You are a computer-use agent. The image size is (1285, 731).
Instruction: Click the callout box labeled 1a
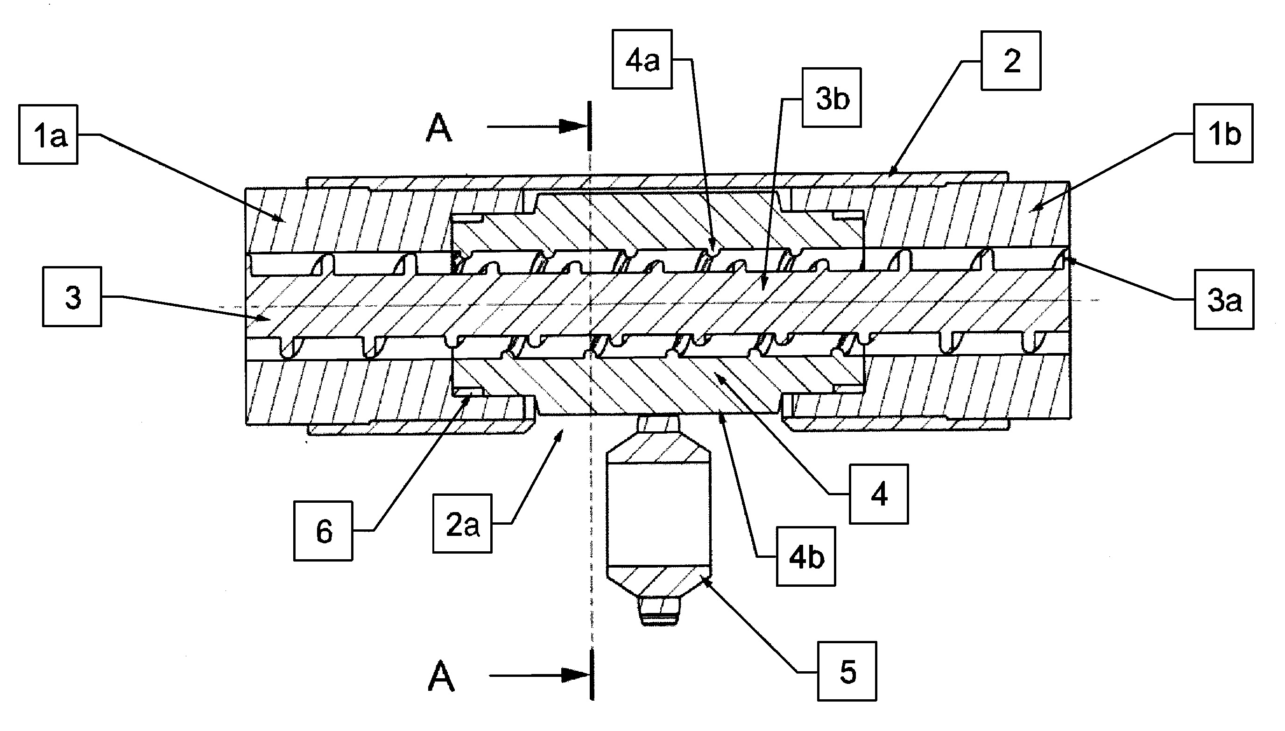48,134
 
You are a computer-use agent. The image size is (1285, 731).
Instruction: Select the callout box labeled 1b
1223,133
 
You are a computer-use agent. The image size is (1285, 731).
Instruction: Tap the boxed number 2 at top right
1011,61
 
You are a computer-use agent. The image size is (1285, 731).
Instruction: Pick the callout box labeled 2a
462,524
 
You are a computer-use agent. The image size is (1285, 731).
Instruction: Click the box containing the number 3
72,297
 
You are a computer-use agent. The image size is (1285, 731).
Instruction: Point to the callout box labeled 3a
1224,299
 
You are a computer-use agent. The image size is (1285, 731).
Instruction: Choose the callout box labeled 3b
832,98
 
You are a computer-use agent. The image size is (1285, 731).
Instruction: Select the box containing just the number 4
879,494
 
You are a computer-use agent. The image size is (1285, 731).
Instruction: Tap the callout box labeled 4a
642,59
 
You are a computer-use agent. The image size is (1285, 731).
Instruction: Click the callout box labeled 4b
806,556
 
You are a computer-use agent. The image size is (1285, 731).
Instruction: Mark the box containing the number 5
847,671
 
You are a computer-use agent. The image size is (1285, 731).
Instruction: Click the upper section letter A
439,128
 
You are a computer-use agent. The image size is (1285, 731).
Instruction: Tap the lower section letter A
441,676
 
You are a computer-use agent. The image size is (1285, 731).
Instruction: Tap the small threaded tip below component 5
659,611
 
